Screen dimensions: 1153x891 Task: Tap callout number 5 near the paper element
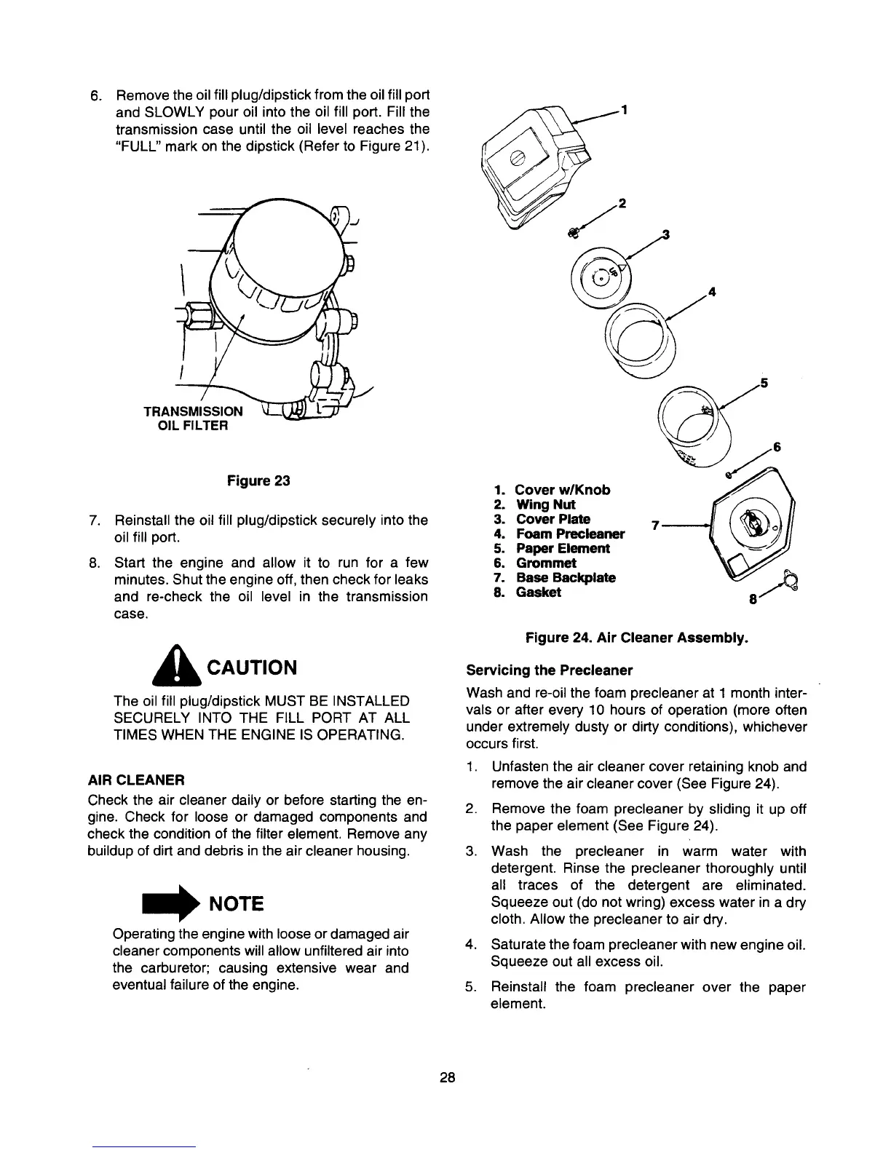coord(764,383)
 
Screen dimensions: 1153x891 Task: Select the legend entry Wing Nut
coord(545,504)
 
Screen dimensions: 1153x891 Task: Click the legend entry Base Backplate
coord(566,577)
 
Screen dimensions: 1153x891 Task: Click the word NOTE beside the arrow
coord(236,904)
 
